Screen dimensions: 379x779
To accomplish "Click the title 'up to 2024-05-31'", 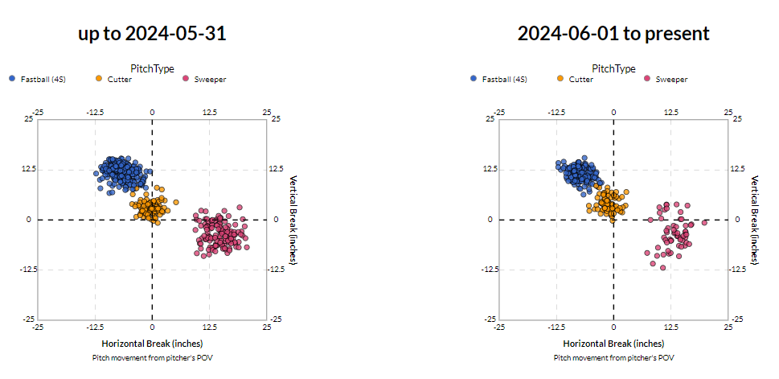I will coord(151,34).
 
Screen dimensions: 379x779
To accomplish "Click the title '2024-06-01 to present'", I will coord(613,34).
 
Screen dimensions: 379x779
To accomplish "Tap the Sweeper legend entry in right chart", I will coord(666,79).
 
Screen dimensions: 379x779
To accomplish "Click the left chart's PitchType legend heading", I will coord(152,68).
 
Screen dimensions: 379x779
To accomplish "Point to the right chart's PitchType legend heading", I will coord(613,68).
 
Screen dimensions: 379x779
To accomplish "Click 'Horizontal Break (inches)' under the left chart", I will coord(152,344).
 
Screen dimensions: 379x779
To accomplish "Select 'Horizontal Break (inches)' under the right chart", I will coord(613,344).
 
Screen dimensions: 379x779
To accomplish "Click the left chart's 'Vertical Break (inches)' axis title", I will coord(293,219).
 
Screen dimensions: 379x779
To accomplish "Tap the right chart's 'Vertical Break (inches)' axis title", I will coord(755,219).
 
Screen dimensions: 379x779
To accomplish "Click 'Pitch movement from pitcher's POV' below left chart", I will coord(152,357).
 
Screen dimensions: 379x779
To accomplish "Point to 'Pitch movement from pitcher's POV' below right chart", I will coord(613,357).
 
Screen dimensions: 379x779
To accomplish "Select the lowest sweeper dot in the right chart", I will coord(663,267).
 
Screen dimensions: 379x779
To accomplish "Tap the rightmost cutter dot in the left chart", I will coord(176,202).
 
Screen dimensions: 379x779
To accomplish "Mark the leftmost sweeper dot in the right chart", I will coord(647,253).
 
